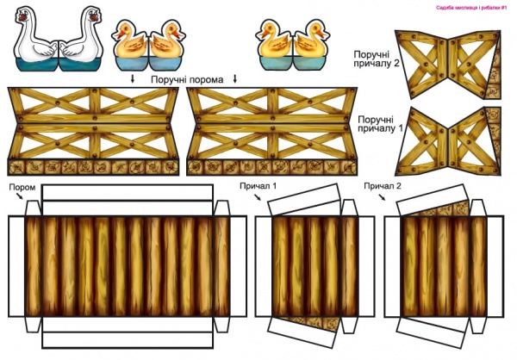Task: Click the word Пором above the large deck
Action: [x=22, y=187]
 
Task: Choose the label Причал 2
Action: [x=382, y=186]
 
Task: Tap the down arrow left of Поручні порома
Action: [x=132, y=79]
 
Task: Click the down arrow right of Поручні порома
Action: [x=234, y=79]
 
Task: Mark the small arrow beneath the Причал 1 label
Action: [x=257, y=198]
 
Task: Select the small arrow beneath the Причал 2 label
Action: [x=379, y=198]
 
